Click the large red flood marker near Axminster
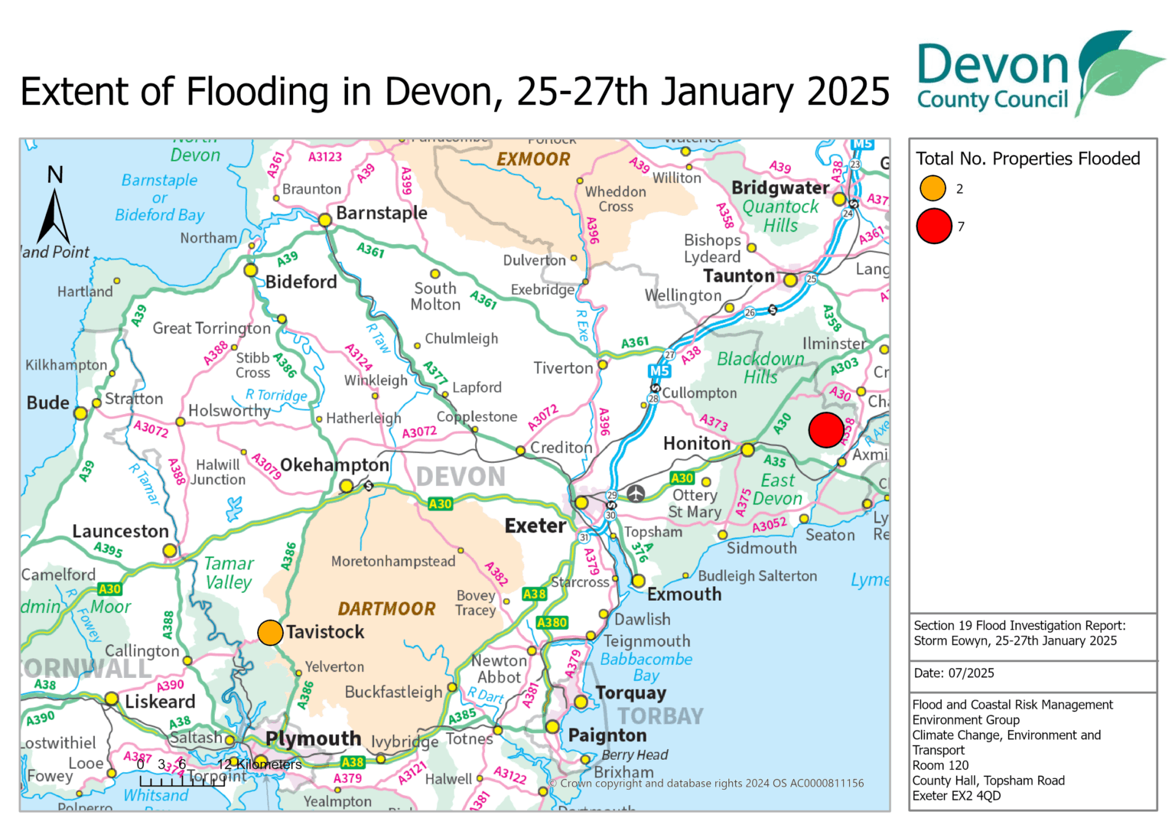826,430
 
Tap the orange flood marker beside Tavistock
270,633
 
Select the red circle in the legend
934,226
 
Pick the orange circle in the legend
933,188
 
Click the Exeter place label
535,526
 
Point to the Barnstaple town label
381,213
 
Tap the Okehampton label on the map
334,465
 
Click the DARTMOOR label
386,609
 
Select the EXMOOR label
533,160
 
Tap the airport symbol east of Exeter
636,494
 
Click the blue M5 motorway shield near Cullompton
659,371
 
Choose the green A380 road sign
552,623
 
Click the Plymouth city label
313,739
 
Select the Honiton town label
696,444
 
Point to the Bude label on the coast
48,403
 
